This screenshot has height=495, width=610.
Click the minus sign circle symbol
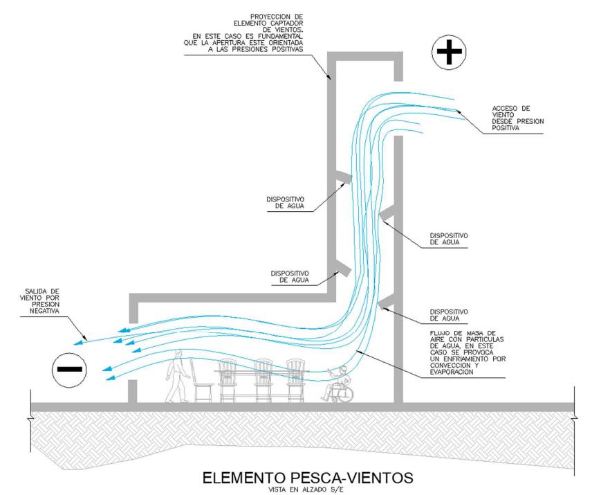click(69, 368)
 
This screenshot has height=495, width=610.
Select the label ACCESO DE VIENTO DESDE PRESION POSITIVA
click(517, 118)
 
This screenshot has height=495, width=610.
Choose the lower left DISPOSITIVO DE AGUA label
click(289, 277)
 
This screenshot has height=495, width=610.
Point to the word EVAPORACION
click(451, 372)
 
